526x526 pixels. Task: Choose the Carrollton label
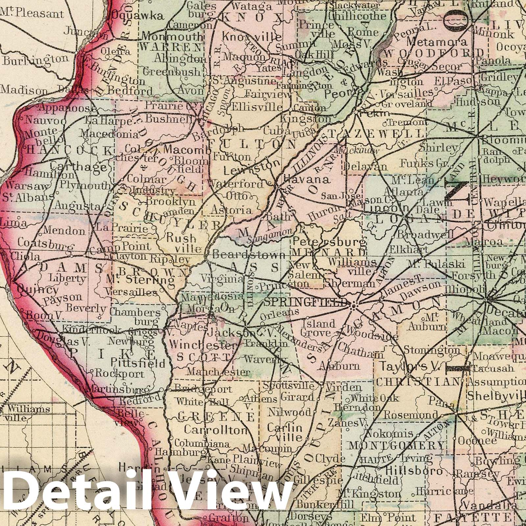tap(215, 430)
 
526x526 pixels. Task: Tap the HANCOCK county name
tap(69, 151)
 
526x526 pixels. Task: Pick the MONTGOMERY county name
tap(396, 446)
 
